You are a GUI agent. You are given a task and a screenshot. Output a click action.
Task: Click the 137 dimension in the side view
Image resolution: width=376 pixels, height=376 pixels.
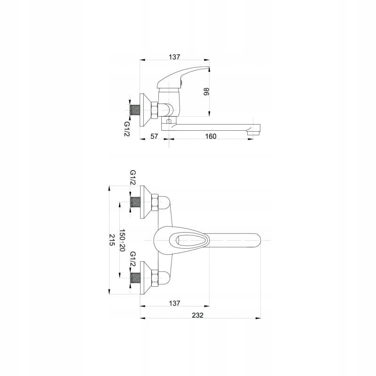coord(174,57)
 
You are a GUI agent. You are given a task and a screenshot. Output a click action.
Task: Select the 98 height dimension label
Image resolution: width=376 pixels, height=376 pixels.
coord(206,91)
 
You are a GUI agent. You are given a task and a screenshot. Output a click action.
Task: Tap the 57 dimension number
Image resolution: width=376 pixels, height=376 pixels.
coord(154,136)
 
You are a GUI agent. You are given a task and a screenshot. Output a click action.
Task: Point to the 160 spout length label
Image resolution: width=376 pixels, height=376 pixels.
coord(211,136)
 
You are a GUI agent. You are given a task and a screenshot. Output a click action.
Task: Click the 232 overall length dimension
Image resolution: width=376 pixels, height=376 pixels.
coord(197,315)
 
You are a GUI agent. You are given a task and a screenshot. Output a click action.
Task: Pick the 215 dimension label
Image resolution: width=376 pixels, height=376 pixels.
coord(112,240)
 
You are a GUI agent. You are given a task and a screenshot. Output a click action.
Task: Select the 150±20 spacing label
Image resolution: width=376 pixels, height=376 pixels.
coord(122,240)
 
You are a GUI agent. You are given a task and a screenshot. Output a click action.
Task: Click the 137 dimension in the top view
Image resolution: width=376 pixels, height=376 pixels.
coord(174,303)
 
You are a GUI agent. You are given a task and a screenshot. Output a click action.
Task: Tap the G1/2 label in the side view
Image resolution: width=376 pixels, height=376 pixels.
coord(127,129)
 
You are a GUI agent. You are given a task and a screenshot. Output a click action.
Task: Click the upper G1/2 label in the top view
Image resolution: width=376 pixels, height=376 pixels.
coord(133,178)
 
